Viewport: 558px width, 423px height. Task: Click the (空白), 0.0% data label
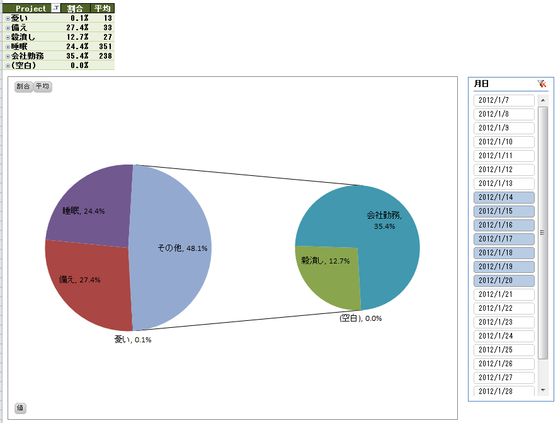point(360,318)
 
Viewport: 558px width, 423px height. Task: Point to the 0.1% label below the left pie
point(133,340)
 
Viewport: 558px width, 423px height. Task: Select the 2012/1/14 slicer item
point(504,197)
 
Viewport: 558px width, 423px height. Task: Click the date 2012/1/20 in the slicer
point(504,281)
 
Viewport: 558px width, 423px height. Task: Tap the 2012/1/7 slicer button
point(504,100)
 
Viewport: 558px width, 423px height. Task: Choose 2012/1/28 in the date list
point(504,391)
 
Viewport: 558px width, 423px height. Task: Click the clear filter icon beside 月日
point(542,84)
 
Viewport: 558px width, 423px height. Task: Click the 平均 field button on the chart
point(43,86)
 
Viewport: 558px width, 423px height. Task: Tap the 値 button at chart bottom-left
point(20,408)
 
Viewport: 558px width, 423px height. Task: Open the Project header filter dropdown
point(55,9)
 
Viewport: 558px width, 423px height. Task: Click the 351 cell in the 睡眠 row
point(105,47)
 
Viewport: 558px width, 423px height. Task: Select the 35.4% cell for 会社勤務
point(77,56)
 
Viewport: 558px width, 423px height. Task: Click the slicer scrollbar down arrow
point(543,391)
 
